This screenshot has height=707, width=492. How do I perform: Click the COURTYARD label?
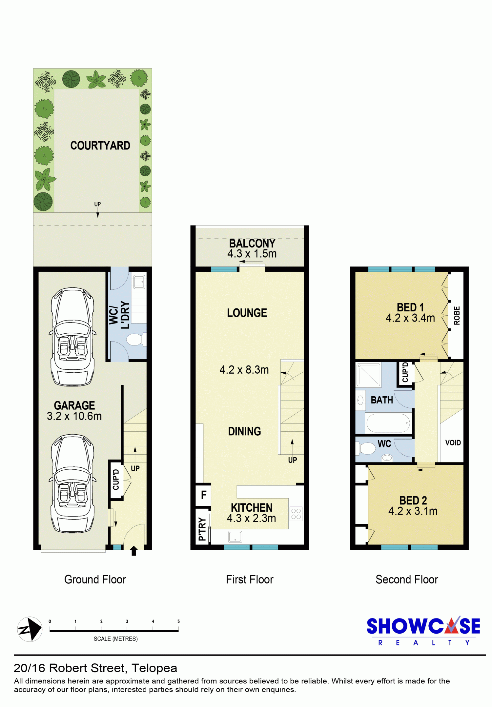(x=100, y=146)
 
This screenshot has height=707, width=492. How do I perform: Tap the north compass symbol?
(x=30, y=629)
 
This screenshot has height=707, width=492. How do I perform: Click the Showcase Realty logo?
(x=423, y=631)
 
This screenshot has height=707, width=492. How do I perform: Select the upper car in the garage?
(x=72, y=337)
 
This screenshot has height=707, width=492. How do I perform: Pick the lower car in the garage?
(x=72, y=483)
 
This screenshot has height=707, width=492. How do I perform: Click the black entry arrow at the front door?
(x=134, y=551)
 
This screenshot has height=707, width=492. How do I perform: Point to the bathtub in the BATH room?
(x=388, y=423)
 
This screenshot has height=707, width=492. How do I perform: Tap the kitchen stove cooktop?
(x=296, y=514)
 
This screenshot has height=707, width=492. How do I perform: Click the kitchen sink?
(x=235, y=537)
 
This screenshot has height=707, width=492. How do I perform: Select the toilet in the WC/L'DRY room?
(x=136, y=340)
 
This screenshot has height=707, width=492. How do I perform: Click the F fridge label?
(x=204, y=495)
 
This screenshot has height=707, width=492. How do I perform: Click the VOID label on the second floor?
(x=453, y=443)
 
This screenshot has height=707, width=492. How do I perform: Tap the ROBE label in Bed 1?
(x=457, y=316)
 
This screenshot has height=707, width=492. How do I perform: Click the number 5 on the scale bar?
(x=178, y=621)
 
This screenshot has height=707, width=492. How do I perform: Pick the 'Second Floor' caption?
(x=407, y=579)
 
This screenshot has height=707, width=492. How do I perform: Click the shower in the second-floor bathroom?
(x=368, y=375)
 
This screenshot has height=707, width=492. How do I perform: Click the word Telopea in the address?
(x=154, y=668)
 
